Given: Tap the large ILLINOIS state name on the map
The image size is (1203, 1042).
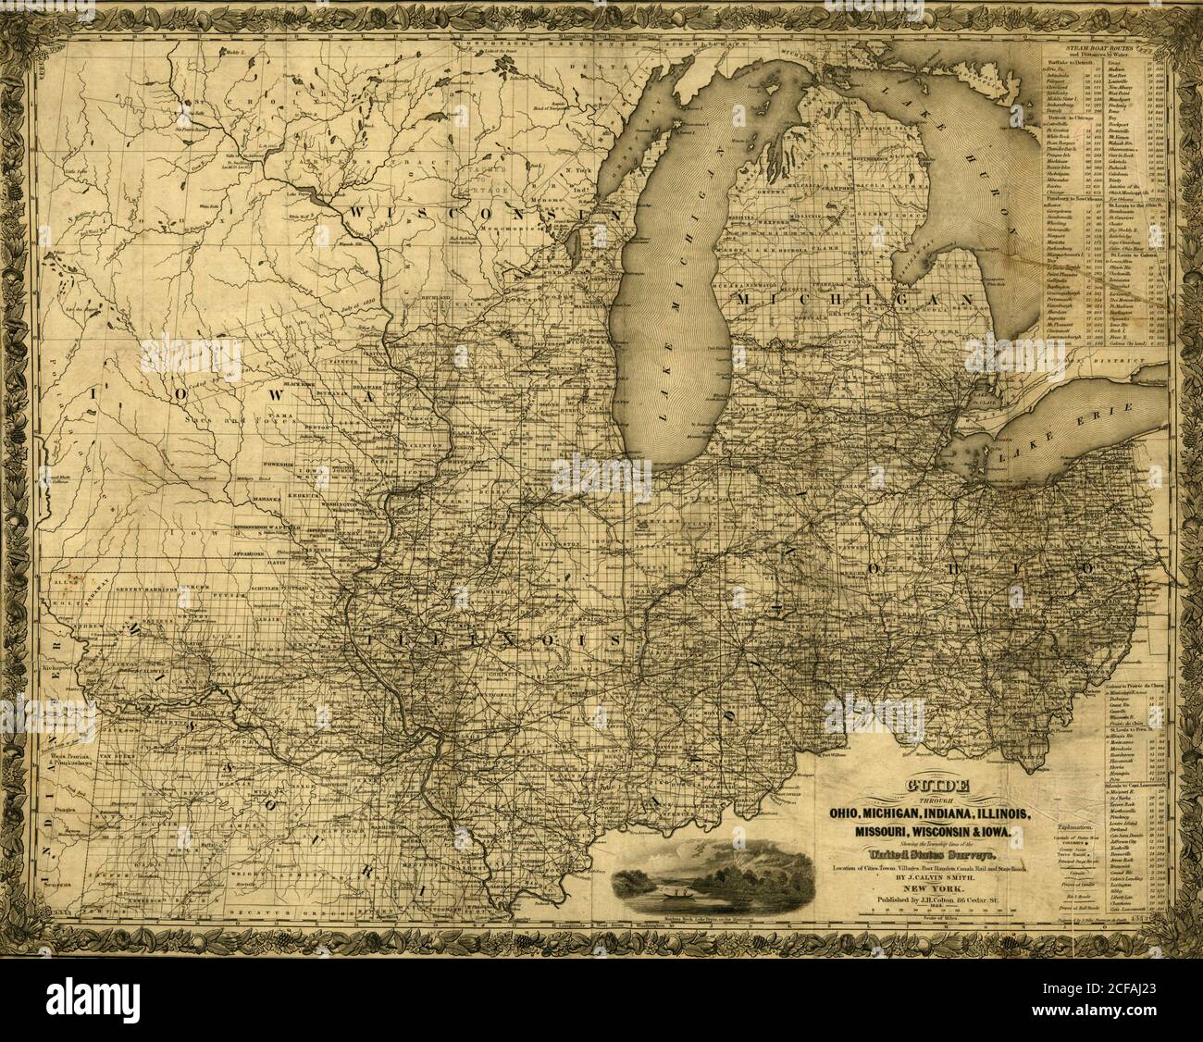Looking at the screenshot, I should [490, 639].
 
